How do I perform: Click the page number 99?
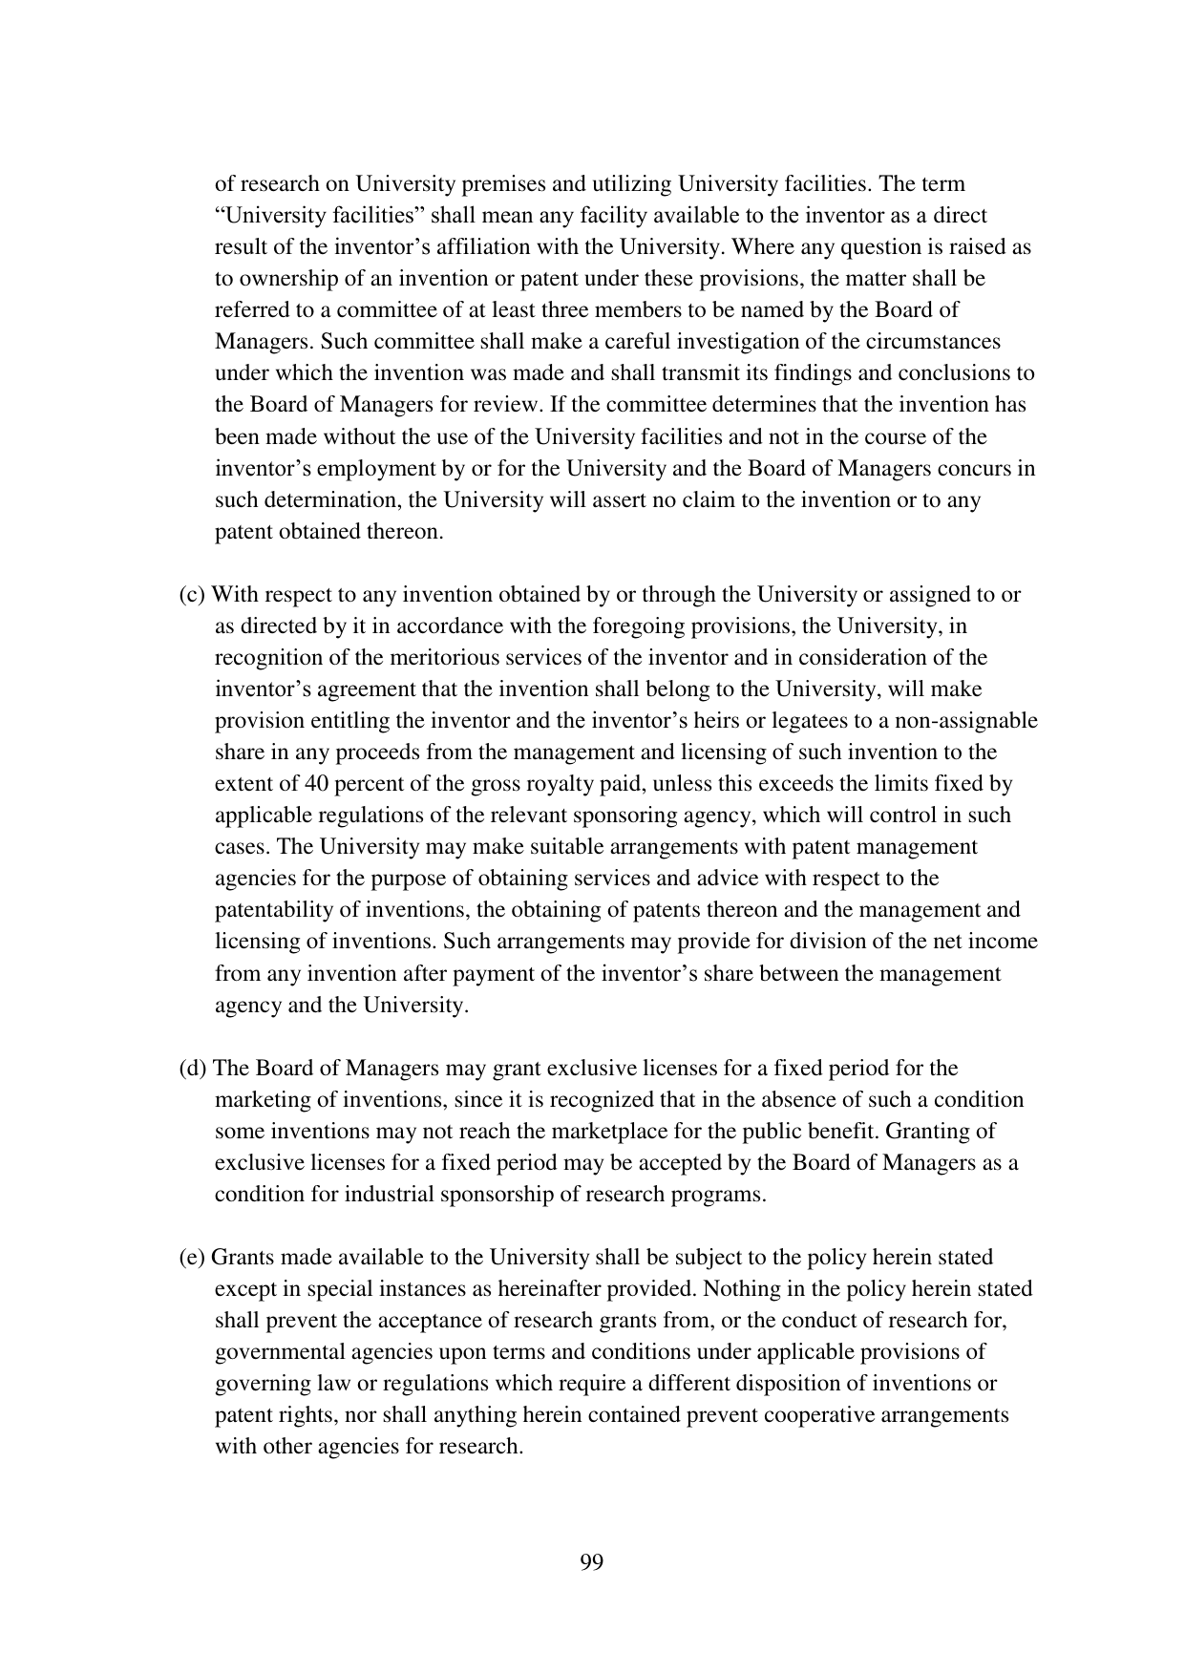tap(591, 1562)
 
